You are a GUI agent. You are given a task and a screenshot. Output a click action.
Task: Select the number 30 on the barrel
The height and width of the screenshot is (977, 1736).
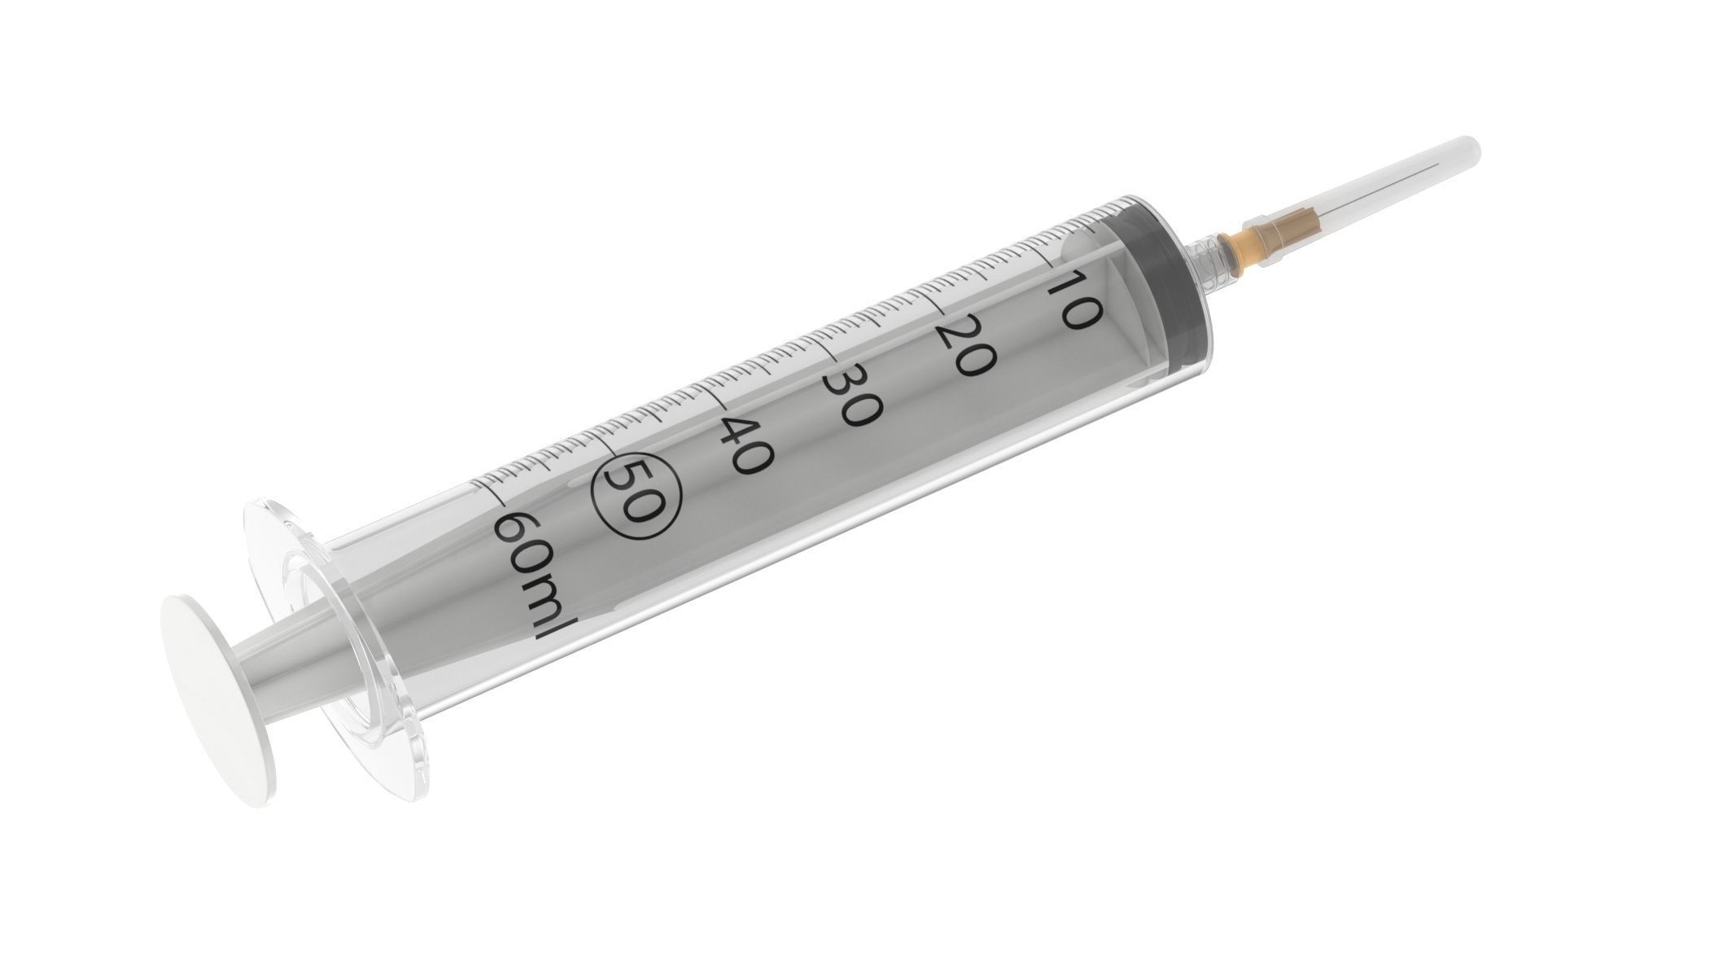(852, 396)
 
